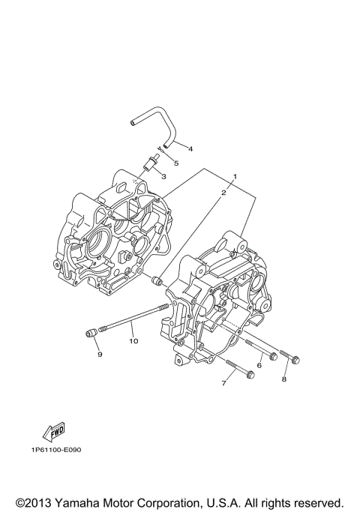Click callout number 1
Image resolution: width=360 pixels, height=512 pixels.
[235, 178]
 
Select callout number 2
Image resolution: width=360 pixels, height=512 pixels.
[223, 193]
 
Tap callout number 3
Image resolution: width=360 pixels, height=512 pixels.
[163, 177]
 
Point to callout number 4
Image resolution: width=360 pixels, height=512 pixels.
[190, 149]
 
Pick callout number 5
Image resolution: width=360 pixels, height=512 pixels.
[175, 162]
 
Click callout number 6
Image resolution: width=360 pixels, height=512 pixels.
[259, 365]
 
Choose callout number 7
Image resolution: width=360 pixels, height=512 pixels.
[223, 383]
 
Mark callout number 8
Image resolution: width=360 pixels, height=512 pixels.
[283, 379]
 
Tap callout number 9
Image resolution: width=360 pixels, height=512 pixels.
[98, 355]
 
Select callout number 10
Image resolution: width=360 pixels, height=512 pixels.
[133, 341]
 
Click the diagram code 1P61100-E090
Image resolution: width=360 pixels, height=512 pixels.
[56, 451]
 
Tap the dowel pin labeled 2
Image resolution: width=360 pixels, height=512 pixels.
[157, 281]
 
